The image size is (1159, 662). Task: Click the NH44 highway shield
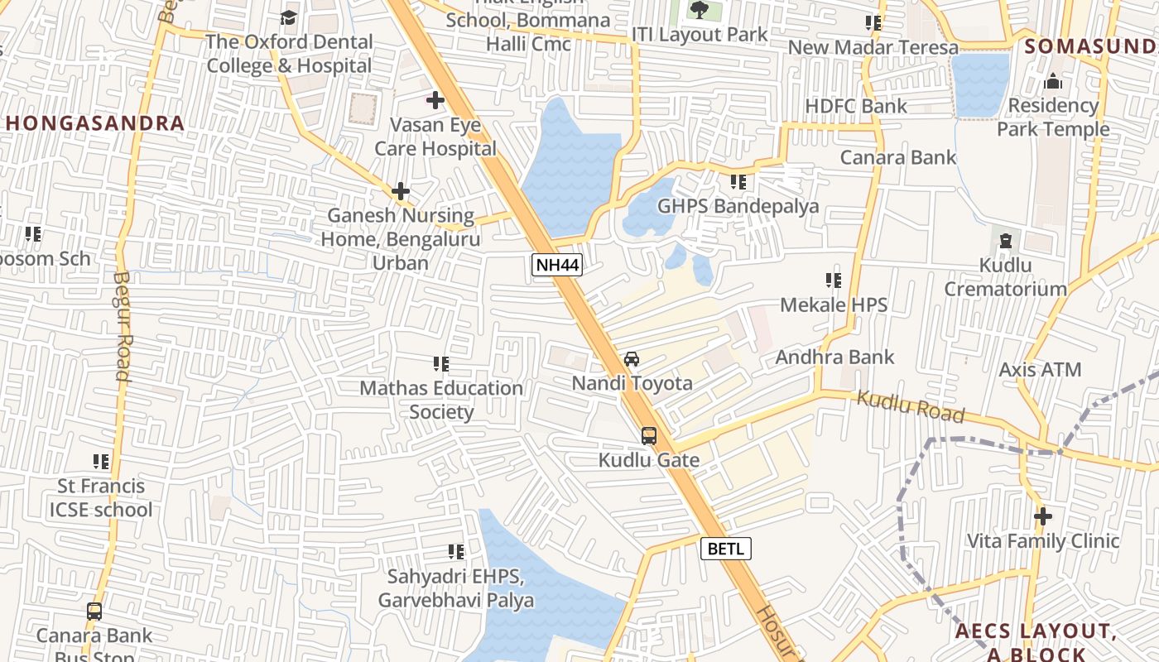point(557,265)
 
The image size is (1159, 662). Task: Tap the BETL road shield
point(726,548)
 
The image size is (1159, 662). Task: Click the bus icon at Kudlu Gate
point(649,436)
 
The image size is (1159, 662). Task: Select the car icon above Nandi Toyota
point(632,359)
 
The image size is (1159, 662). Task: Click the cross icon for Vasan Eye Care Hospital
point(435,101)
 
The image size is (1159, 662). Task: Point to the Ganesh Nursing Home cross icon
point(401,192)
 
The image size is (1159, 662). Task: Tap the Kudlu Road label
point(911,406)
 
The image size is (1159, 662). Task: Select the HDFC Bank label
point(856,106)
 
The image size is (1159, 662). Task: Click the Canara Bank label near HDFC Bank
point(898,157)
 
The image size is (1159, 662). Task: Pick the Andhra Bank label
point(834,357)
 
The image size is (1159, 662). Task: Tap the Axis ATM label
point(1040,369)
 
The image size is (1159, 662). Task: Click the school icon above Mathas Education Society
point(441,364)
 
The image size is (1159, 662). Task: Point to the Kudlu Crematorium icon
point(1006,241)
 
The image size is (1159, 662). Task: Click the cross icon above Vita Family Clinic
point(1043,516)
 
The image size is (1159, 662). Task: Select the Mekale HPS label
point(834,305)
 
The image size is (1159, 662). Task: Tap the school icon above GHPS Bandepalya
point(738,182)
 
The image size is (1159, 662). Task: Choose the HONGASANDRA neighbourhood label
point(95,123)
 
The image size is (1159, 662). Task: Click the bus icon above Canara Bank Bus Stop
point(94,612)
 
